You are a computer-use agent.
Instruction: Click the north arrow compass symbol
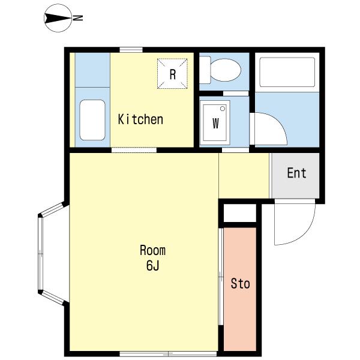click(58, 18)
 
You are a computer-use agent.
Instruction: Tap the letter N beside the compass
click(78, 18)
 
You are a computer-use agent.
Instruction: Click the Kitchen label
click(140, 119)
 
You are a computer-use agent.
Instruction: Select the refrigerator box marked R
click(172, 73)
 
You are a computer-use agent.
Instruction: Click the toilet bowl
click(226, 70)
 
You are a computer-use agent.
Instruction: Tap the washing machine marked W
click(215, 123)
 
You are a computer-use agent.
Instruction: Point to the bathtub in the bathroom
click(287, 72)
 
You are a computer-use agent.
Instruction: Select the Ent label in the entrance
click(296, 173)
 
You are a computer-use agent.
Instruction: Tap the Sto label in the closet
click(240, 284)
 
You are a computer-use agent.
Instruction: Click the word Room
click(152, 250)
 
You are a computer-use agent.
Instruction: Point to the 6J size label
click(152, 266)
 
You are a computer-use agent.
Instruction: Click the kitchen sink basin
click(92, 120)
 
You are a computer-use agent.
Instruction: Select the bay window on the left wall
click(53, 254)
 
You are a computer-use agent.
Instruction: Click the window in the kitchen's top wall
click(131, 50)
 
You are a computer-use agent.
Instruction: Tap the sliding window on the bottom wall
click(168, 353)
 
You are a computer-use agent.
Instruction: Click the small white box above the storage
click(239, 213)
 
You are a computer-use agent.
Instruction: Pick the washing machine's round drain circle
click(223, 109)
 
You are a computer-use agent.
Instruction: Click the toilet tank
click(205, 70)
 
